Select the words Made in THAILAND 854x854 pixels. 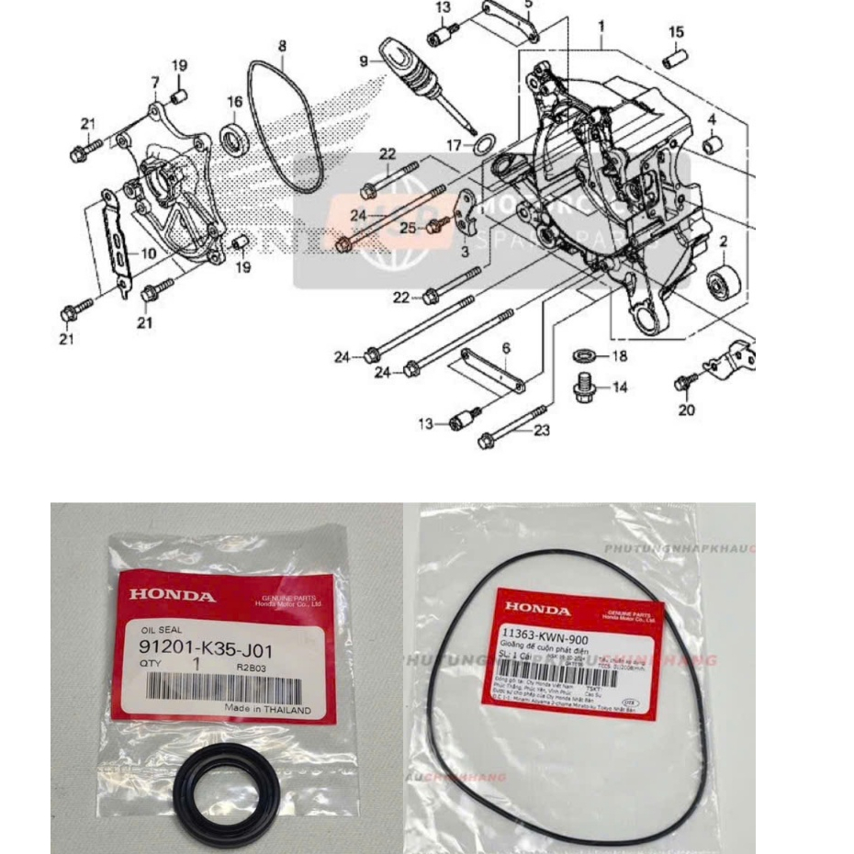[267, 709]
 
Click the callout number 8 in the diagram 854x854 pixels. [282, 44]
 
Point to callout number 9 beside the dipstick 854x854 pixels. [364, 61]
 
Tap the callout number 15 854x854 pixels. [676, 32]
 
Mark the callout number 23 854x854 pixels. [542, 429]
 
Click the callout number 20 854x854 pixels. [686, 410]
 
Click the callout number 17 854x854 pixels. [453, 145]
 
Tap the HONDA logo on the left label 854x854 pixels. [173, 595]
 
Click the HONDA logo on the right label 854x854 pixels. [537, 609]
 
